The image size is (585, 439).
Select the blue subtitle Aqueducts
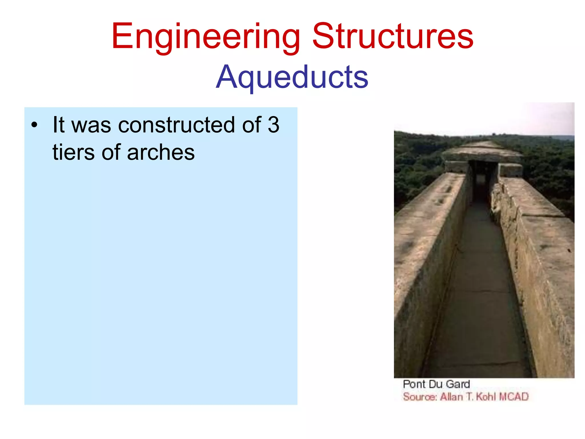292,77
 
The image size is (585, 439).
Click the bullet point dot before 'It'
34,125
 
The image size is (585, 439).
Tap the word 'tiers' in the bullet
74,152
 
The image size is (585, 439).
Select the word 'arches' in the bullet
161,153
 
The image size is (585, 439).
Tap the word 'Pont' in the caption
414,384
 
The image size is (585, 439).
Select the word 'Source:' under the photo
420,397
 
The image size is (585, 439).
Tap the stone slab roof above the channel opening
482,155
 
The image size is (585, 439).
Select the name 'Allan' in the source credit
451,397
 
